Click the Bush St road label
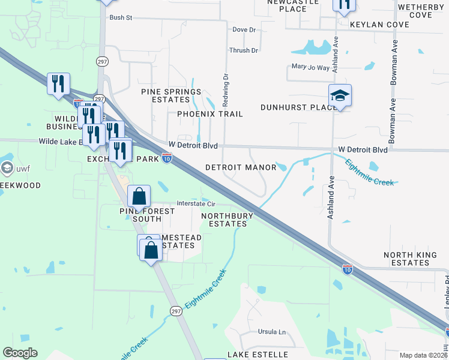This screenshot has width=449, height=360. pyautogui.click(x=120, y=18)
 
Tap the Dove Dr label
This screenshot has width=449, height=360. pyautogui.click(x=244, y=29)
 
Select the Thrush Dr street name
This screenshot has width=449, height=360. pyautogui.click(x=243, y=50)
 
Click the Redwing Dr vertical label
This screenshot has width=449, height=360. pyautogui.click(x=226, y=86)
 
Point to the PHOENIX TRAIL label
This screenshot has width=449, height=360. pyautogui.click(x=210, y=114)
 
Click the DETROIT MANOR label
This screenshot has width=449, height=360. pyautogui.click(x=241, y=167)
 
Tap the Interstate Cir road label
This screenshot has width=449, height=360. pyautogui.click(x=187, y=203)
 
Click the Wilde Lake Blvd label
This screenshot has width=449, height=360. pyautogui.click(x=64, y=142)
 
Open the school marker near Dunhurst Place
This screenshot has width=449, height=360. pyautogui.click(x=340, y=95)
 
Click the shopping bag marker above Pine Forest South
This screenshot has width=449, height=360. pyautogui.click(x=139, y=196)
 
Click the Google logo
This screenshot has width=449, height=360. pyautogui.click(x=20, y=353)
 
